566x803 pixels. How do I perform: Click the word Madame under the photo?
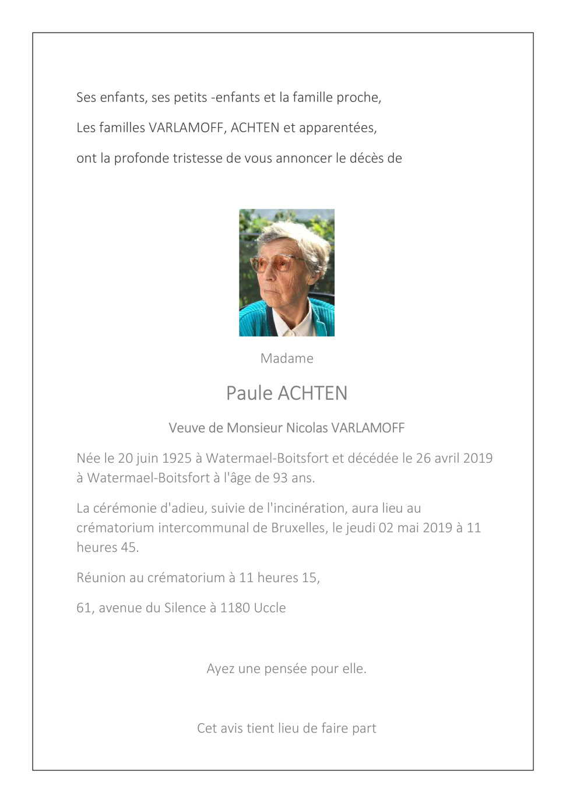pos(287,358)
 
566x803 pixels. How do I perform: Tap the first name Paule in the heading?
pos(249,393)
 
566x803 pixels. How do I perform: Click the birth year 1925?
pos(177,458)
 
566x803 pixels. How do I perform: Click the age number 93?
pos(280,478)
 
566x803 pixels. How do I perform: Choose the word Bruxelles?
pos(298,527)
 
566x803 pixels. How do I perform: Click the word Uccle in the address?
pos(270,608)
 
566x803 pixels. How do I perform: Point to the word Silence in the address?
pos(185,608)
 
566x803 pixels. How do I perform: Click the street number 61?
pos(84,608)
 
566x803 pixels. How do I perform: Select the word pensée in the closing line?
pos(286,668)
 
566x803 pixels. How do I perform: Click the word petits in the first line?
pos(191,97)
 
